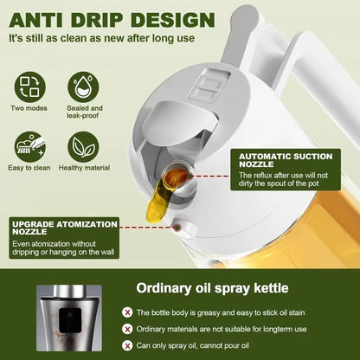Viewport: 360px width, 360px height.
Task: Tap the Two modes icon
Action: coord(29,86)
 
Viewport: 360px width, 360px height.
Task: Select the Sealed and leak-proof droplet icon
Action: coord(84,86)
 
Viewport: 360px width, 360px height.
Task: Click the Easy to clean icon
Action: coord(29,145)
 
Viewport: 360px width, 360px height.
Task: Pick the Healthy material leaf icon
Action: coord(84,145)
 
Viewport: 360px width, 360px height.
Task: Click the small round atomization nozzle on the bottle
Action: coord(181,228)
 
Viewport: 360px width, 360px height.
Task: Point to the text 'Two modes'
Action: coord(29,108)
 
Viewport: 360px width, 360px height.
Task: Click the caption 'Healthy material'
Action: coord(84,167)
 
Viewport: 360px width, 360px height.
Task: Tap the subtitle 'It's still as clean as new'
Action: coord(101,38)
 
